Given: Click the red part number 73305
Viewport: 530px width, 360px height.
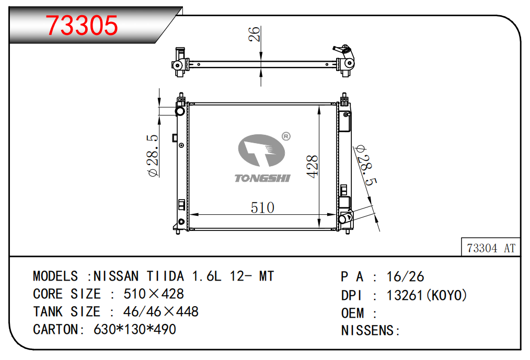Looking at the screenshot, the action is pos(82,26).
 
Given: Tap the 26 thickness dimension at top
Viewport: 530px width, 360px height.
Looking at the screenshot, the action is pos(254,34).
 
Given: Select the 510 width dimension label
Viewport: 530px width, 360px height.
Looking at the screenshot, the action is pos(262,207).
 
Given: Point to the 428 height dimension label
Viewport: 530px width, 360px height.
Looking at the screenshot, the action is pos(313,166).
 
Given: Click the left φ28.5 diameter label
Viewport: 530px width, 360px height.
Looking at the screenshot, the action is pos(153,156).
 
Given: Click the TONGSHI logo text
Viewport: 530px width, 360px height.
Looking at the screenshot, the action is pos(262,178).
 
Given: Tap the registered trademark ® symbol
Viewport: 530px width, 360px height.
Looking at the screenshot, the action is pos(286,136).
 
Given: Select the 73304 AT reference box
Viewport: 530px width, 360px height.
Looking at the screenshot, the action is pos(491,248).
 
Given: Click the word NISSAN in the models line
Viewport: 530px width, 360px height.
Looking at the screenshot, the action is pos(116,276).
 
